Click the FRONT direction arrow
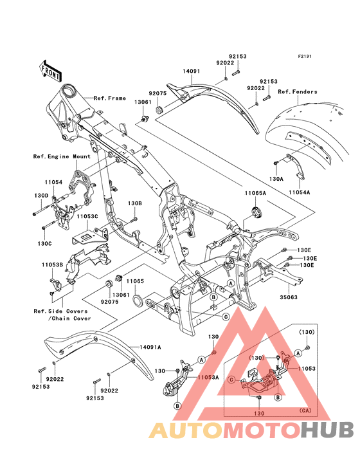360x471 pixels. tap(50, 71)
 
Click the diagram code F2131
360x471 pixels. tap(305, 56)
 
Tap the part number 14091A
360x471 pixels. tap(150, 347)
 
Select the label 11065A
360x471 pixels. tap(255, 193)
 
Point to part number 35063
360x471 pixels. tap(289, 297)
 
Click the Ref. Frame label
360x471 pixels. tap(110, 98)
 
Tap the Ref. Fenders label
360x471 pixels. tap(298, 91)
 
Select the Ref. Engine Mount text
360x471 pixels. tap(62, 156)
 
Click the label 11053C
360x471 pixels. tap(87, 216)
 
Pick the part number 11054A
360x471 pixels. tap(300, 192)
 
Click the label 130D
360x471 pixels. tap(41, 196)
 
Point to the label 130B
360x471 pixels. tap(135, 203)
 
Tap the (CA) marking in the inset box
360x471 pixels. tap(305, 411)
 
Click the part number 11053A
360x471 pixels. tap(208, 378)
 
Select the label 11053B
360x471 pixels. tap(52, 265)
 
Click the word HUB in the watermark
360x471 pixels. tap(328, 430)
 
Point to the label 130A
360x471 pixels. tap(276, 179)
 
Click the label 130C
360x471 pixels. tap(45, 244)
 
